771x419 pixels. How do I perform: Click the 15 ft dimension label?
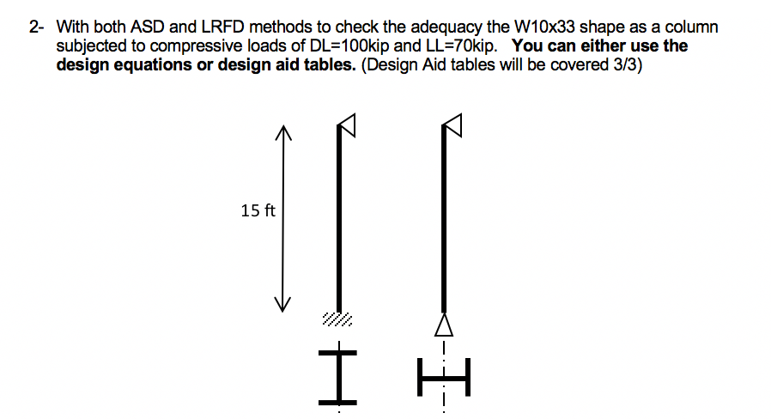[x=258, y=210]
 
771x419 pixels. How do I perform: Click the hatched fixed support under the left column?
[x=337, y=320]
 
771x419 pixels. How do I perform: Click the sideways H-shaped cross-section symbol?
[x=443, y=376]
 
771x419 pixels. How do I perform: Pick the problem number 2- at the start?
[x=36, y=27]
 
